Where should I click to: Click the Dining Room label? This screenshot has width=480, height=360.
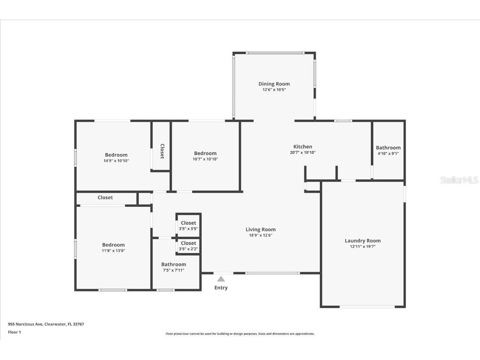274,84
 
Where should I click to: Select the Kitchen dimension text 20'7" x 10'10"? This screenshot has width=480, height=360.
303,153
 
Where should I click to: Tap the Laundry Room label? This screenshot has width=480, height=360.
362,241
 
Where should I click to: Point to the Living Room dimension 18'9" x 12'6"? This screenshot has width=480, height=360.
261,235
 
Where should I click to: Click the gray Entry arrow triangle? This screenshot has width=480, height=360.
221,279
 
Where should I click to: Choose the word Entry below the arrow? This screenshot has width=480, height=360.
221,288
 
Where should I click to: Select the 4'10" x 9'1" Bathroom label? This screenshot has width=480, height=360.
388,148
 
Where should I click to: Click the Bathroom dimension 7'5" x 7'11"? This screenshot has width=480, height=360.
173,270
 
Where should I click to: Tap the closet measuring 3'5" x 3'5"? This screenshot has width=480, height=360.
188,226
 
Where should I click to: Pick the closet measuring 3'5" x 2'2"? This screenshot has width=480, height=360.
188,246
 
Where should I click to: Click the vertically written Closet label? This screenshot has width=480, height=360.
162,151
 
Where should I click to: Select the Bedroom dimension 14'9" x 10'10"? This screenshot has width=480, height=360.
116,161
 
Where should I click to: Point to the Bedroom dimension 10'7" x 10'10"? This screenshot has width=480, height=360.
205,159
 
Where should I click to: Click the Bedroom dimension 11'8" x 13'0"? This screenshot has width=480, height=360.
113,251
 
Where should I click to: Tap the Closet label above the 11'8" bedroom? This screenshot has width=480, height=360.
105,198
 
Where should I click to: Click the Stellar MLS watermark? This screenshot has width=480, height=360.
459,180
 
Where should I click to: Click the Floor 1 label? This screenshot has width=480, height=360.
14,332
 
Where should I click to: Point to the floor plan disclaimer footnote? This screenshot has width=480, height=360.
240,334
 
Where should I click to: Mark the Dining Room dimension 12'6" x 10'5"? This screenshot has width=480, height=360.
274,90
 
